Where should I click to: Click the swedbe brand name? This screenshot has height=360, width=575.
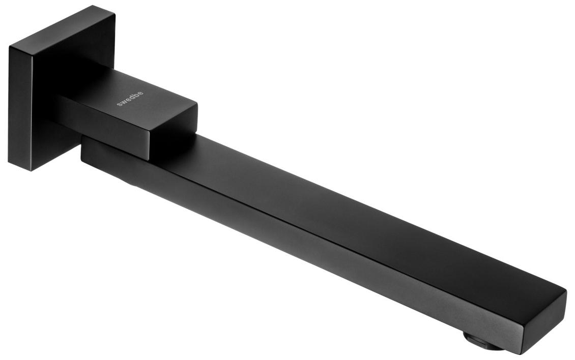[130, 99]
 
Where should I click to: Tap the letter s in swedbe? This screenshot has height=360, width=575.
[119, 104]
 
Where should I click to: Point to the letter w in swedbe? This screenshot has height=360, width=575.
[123, 102]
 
